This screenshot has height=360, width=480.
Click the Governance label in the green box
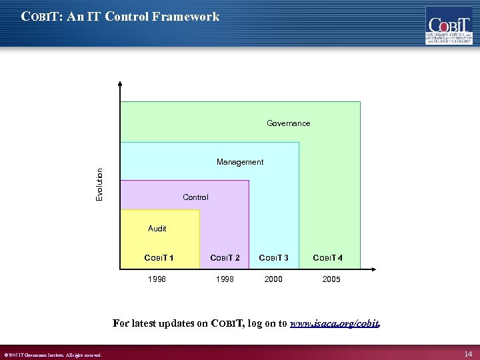(x=288, y=123)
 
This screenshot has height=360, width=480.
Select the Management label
(x=240, y=162)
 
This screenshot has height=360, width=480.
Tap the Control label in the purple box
(x=195, y=197)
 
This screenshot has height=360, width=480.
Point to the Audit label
(x=157, y=229)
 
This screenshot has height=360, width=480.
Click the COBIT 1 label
(x=159, y=258)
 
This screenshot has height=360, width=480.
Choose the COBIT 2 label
(x=225, y=258)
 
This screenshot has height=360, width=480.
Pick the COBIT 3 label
(x=273, y=258)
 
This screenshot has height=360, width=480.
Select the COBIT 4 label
(x=327, y=258)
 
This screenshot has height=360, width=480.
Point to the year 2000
(x=273, y=279)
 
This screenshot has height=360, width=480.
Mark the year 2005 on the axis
(x=331, y=279)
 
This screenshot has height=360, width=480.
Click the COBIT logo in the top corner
(x=448, y=25)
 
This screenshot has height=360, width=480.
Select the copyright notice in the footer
(x=53, y=355)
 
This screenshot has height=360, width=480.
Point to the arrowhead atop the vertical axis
(x=120, y=85)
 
